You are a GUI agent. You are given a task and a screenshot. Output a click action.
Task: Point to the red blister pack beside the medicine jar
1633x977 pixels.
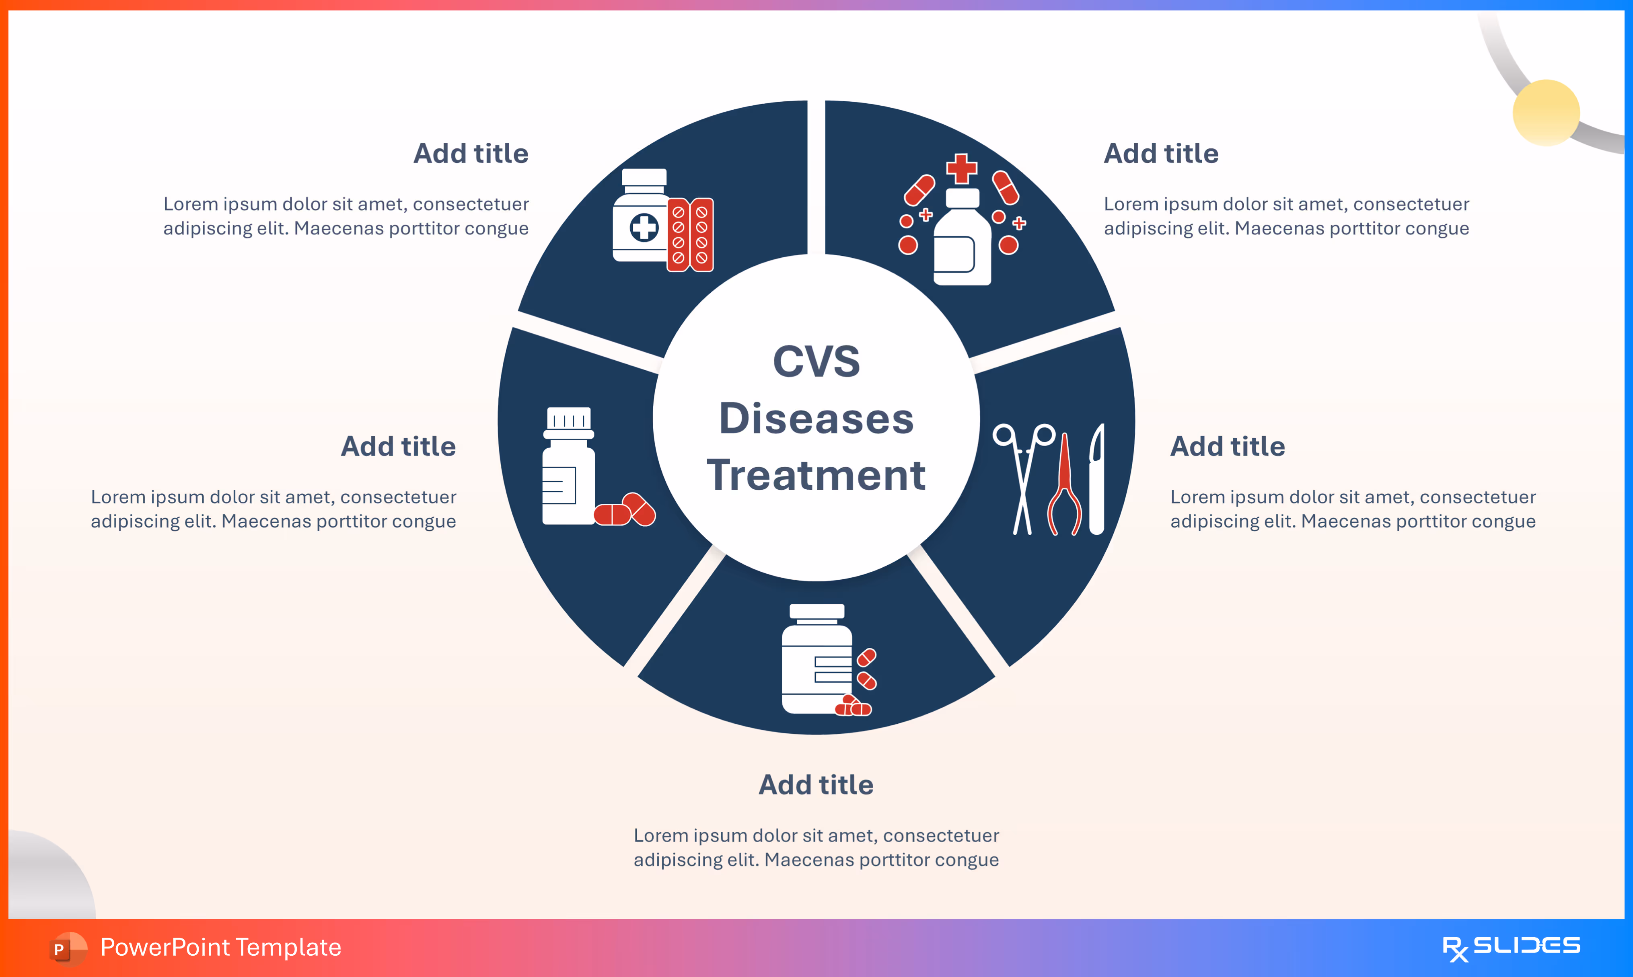(x=690, y=234)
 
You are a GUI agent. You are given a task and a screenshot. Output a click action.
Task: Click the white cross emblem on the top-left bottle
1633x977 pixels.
(x=644, y=228)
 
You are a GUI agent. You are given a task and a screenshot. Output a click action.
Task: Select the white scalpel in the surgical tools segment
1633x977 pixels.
(x=1096, y=479)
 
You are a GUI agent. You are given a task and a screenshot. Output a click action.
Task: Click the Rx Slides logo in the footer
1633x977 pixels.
(x=1511, y=948)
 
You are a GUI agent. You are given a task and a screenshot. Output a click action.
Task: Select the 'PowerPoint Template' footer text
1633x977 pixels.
(x=220, y=947)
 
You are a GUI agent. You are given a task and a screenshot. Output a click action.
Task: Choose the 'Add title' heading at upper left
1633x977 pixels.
(x=471, y=154)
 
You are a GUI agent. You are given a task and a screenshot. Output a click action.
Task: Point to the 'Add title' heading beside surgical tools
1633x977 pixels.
(x=1228, y=446)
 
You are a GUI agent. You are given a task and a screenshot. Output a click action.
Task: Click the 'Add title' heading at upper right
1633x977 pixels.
(x=1161, y=154)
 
